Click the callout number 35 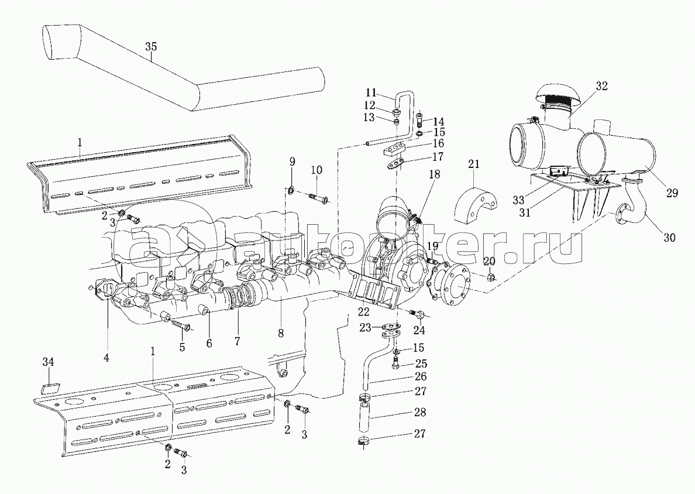pyautogui.click(x=151, y=47)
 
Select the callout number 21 pyautogui.click(x=474, y=164)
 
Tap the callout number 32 pyautogui.click(x=601, y=86)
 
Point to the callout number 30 pyautogui.click(x=670, y=238)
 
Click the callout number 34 pyautogui.click(x=49, y=362)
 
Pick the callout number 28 pyautogui.click(x=419, y=413)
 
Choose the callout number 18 pyautogui.click(x=434, y=174)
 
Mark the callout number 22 pyautogui.click(x=364, y=312)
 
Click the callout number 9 pyautogui.click(x=292, y=162)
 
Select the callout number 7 pyautogui.click(x=237, y=341)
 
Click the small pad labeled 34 pyautogui.click(x=49, y=389)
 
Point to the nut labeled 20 pyautogui.click(x=491, y=278)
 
